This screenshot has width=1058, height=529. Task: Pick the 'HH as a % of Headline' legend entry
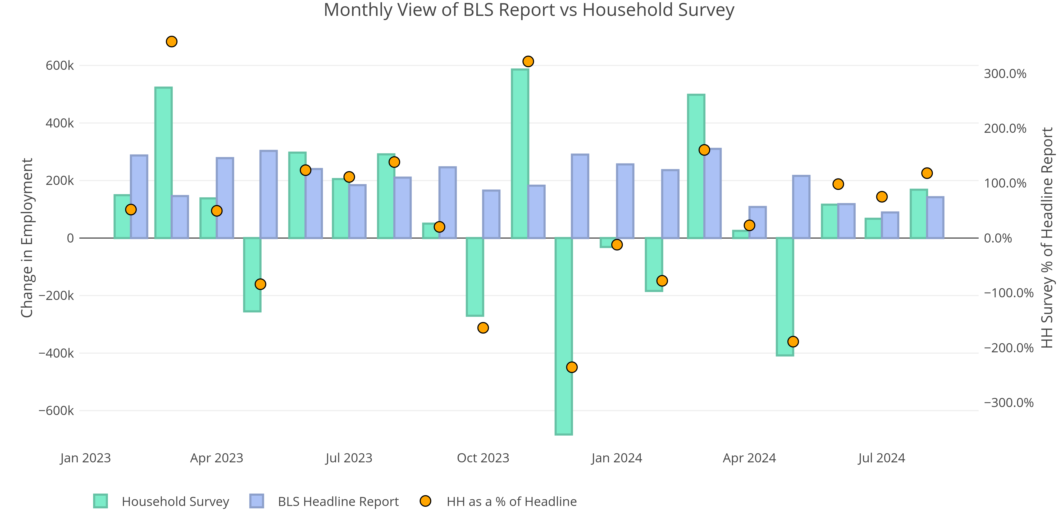(511, 501)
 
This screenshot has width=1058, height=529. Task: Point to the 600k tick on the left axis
(60, 65)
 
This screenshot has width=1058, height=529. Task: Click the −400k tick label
(56, 353)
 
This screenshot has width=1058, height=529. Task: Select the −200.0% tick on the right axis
(1008, 348)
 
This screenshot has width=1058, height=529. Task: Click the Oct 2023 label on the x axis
(483, 458)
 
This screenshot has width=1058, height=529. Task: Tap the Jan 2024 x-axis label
(617, 458)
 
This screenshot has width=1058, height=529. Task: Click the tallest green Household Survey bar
(520, 154)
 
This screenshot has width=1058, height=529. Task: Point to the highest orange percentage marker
(172, 42)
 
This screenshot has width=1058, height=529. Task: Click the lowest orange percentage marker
(572, 367)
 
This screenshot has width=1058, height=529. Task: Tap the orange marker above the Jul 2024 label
(882, 197)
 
